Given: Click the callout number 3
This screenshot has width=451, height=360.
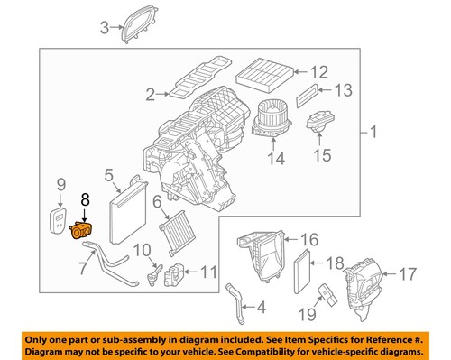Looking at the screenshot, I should point(104,27).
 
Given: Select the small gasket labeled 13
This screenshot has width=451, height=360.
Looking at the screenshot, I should point(309,90).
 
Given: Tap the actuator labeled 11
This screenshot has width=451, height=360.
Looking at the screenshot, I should point(179,271).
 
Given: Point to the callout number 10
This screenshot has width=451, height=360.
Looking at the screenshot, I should point(141,250).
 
